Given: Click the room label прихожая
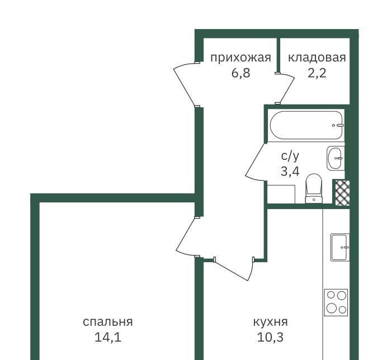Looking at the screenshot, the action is pos(240,58).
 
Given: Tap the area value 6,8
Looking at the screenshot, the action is pos(241,73).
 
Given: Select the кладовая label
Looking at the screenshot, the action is pos(317,58).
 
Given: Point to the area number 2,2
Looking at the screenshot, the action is pos(317,73).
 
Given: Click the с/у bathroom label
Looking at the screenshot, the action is pos(290,156).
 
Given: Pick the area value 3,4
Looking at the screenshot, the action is pos(290,171).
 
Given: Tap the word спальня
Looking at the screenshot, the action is pos(108,322).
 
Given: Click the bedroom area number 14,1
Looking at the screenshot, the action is pos(108,337).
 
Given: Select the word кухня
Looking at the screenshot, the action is pos(271,322).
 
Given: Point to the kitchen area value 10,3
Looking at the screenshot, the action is pos(270,337).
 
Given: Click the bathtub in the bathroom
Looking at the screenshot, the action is pos(306,125).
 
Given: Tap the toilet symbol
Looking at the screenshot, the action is pos(314,188).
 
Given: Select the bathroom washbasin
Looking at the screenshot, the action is pos(336,158).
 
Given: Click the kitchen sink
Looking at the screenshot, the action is pos(340,247).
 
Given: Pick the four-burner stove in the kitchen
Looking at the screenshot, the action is pos(336,302).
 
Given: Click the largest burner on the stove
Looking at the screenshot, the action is pos(331,308).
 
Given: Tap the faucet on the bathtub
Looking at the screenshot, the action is pos(338,125).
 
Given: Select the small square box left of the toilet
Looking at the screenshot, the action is pos(281,194).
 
